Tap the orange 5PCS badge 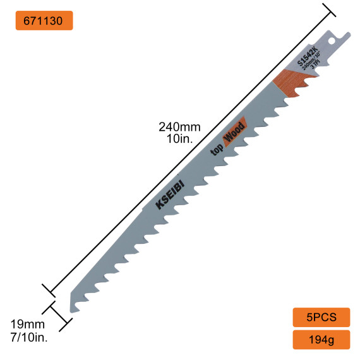click(x=321, y=317)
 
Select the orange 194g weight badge click(x=321, y=340)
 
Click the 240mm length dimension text click(x=179, y=127)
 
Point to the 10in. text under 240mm click(x=179, y=139)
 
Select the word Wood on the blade click(x=234, y=136)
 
